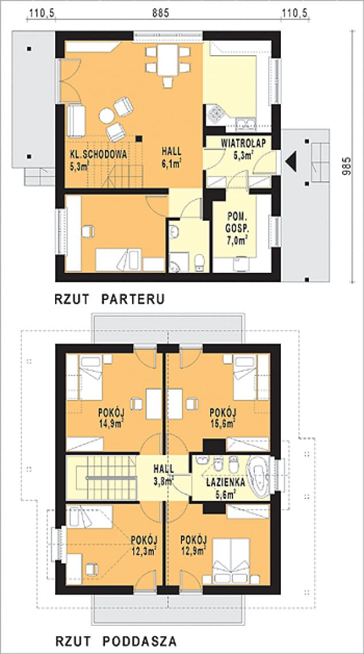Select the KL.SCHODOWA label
pos(98,153)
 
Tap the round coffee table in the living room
pos(106,116)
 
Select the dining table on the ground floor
pos(168,60)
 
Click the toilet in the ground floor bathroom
pos(200,263)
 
